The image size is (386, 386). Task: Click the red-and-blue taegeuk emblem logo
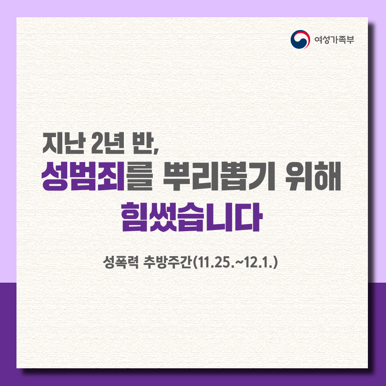[x=300, y=39]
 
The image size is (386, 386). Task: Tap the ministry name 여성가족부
[x=334, y=40]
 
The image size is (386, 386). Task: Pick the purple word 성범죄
[x=83, y=177]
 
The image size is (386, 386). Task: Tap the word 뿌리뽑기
[x=219, y=177]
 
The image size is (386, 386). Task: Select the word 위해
[x=313, y=177]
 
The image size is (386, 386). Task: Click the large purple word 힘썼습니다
[x=192, y=217]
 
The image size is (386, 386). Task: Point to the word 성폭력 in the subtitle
[x=121, y=263]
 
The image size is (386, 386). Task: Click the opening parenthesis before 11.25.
[x=194, y=263]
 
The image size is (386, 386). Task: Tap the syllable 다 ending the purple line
[x=249, y=217]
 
